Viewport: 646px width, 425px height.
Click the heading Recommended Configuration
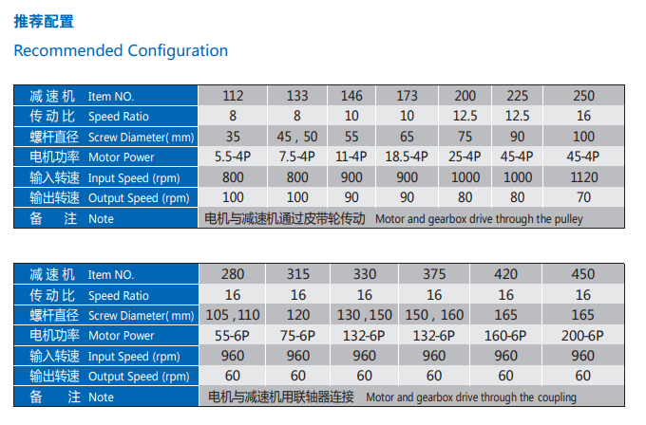tap(121, 50)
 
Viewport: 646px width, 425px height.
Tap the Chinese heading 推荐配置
tap(44, 21)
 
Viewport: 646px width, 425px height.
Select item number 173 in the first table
tap(407, 96)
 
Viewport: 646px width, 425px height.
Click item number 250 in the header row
tap(583, 96)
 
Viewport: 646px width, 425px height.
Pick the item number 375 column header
tap(433, 275)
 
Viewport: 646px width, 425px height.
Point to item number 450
tap(583, 275)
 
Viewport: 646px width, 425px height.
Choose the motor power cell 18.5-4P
tap(407, 157)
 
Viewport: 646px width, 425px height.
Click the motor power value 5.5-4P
tap(233, 157)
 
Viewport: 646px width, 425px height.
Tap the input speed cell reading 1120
tap(583, 176)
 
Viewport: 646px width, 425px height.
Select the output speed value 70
tap(583, 197)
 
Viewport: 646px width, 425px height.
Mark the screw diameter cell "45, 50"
tap(297, 137)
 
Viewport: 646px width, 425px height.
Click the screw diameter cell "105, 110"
tap(233, 315)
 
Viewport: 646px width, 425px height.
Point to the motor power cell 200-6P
tap(583, 335)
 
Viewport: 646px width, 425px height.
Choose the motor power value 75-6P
tap(297, 335)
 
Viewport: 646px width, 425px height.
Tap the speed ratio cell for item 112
tap(233, 116)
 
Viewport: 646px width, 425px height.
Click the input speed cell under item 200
tap(465, 176)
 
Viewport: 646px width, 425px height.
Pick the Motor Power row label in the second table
tap(105, 335)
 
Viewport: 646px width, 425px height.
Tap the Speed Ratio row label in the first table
tap(105, 116)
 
